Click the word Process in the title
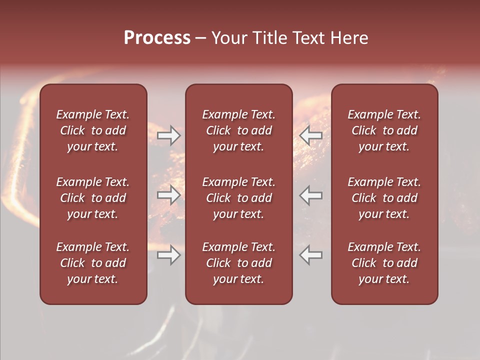(157, 38)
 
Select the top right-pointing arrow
(168, 135)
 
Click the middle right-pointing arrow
(168, 195)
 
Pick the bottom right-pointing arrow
(168, 255)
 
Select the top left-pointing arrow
(311, 135)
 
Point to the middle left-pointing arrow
(311, 195)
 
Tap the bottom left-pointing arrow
(311, 255)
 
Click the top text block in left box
(93, 130)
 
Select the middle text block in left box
(93, 198)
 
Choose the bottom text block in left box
(93, 263)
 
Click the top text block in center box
(238, 130)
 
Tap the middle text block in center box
(238, 198)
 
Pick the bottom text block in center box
(238, 263)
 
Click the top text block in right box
(384, 130)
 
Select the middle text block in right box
(384, 198)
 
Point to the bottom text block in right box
(384, 263)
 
